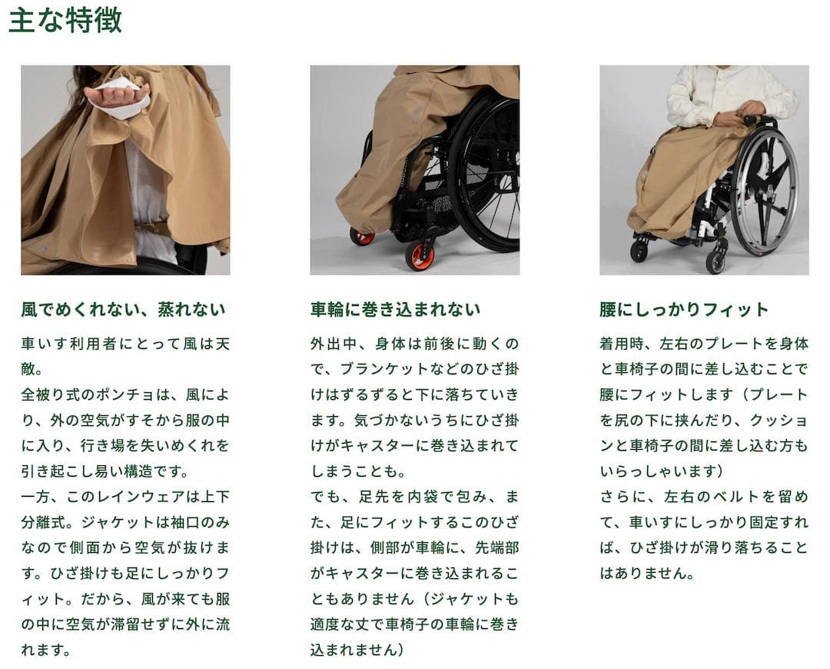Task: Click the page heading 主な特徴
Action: click(65, 21)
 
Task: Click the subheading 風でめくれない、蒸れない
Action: click(123, 310)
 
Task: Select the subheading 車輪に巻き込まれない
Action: click(395, 310)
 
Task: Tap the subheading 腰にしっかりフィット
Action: click(684, 310)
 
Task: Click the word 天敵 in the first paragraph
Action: click(221, 344)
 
